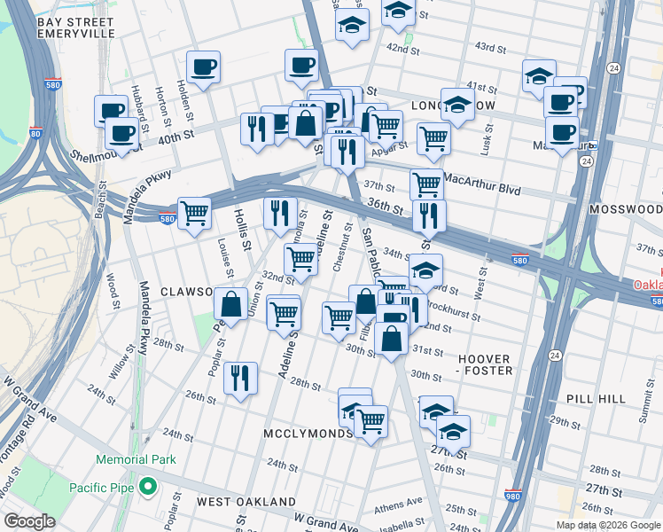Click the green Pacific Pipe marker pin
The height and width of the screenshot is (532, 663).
tap(148, 487)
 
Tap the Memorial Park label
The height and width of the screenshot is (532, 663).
tap(136, 460)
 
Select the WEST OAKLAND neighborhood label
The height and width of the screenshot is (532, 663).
tap(246, 502)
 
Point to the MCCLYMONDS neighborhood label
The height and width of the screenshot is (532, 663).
tap(303, 434)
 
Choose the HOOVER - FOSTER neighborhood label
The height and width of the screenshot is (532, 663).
tap(485, 365)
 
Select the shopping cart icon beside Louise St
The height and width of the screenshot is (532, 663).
tap(194, 213)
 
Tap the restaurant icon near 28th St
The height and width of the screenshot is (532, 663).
tap(240, 378)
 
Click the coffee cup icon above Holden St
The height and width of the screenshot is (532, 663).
tap(203, 66)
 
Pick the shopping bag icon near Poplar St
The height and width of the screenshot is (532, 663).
tap(230, 304)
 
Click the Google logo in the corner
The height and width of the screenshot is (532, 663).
tap(29, 521)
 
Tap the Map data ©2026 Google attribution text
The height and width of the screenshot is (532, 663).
tap(607, 525)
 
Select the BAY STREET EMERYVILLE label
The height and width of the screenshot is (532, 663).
tap(76, 27)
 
